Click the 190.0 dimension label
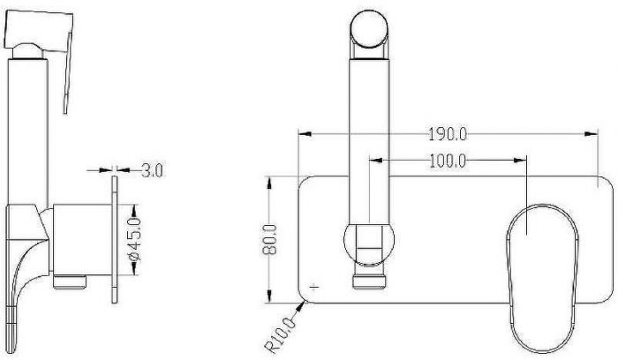(x=448, y=134)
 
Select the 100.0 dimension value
(x=448, y=161)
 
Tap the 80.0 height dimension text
(x=270, y=239)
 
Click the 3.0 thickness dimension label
(x=152, y=170)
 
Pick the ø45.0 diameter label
(x=135, y=239)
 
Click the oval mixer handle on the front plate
(x=542, y=278)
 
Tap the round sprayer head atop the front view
(x=369, y=29)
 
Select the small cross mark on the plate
(x=314, y=287)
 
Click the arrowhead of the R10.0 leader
(x=302, y=305)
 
